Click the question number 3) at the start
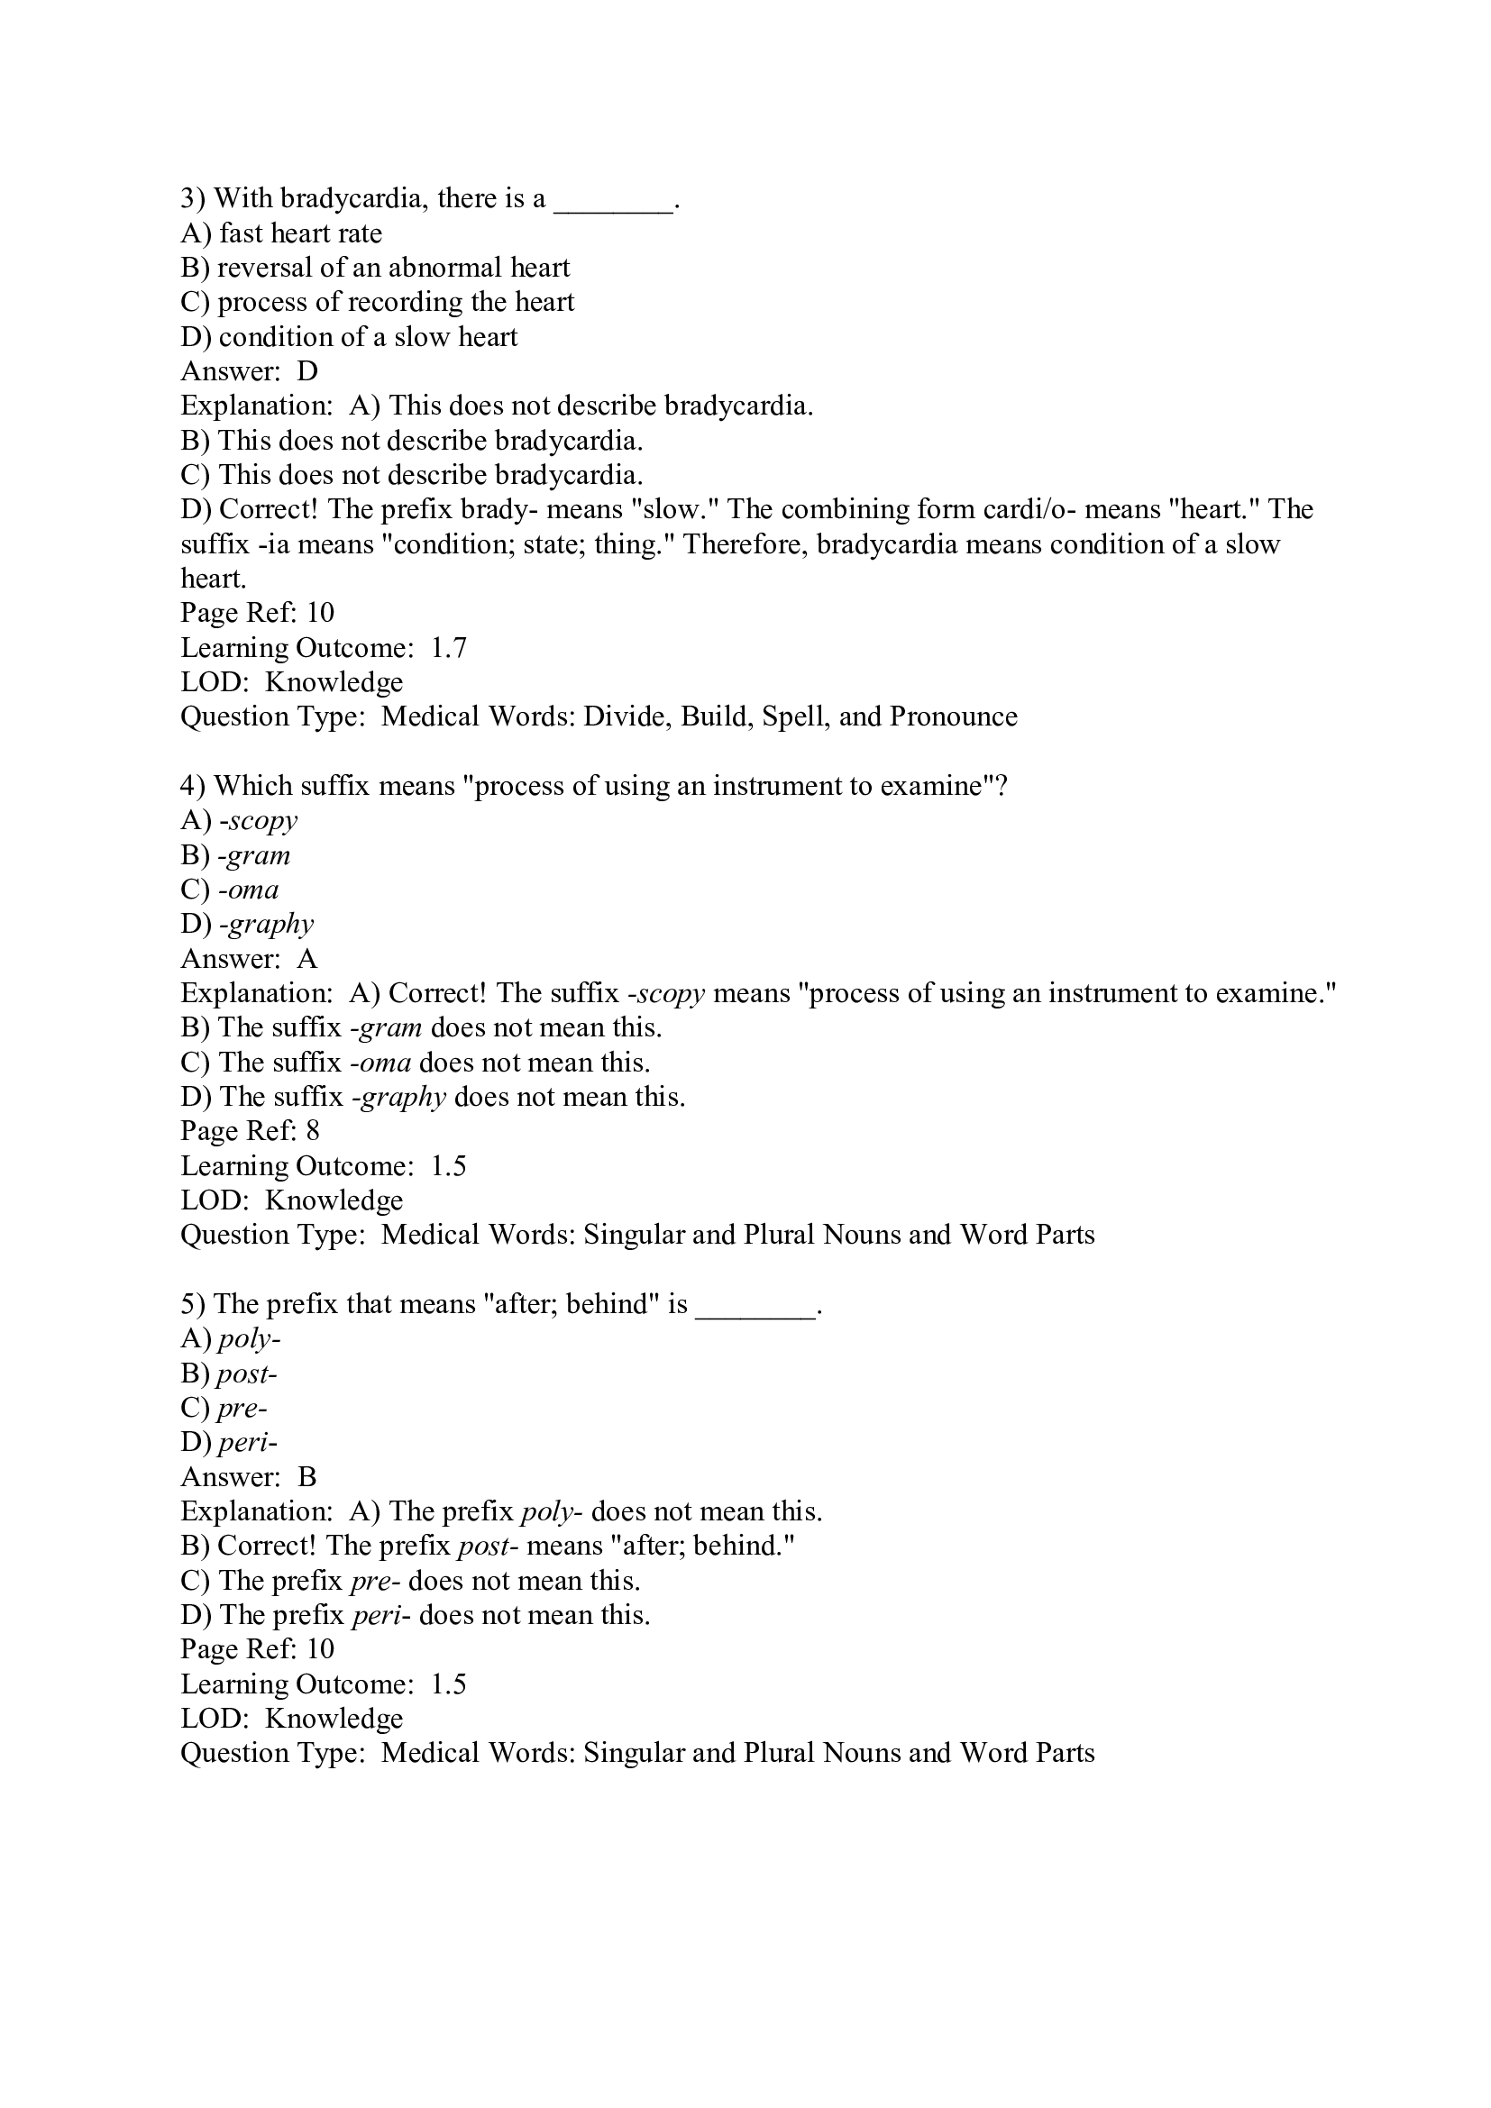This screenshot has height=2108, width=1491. point(193,198)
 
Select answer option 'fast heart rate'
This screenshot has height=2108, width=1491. point(300,233)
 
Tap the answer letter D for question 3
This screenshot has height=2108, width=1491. point(307,371)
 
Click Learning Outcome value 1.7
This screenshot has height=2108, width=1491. point(448,648)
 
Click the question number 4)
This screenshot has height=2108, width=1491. point(193,786)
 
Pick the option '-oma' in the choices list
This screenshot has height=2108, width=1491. point(249,890)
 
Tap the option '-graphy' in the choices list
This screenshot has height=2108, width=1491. point(266,925)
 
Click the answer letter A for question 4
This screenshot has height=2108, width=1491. point(307,960)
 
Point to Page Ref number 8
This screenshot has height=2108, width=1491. point(313,1131)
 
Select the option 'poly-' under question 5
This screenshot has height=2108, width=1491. point(249,1338)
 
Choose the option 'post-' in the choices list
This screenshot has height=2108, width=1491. point(247,1373)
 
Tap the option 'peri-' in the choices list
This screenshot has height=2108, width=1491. point(247,1442)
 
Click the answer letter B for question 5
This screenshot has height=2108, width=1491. point(307,1477)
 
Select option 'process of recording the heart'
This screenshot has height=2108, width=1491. point(396,302)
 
